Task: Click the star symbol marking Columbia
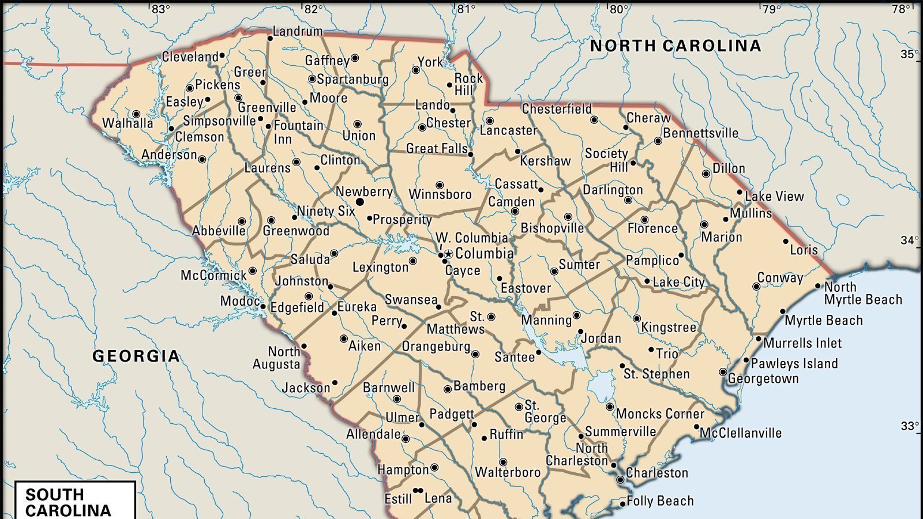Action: pyautogui.click(x=448, y=254)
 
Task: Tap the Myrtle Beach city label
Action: pyautogui.click(x=824, y=321)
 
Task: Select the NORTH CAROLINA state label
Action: pyautogui.click(x=675, y=46)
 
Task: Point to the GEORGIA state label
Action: pyautogui.click(x=136, y=356)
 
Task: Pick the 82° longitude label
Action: pyautogui.click(x=313, y=9)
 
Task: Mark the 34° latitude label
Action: pyautogui.click(x=909, y=240)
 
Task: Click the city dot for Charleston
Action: pyautogui.click(x=620, y=479)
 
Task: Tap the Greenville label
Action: pyautogui.click(x=267, y=107)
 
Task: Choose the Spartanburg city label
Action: pyautogui.click(x=352, y=80)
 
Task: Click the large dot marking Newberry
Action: pyautogui.click(x=360, y=202)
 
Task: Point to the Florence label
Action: pyautogui.click(x=652, y=228)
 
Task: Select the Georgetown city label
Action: pyautogui.click(x=763, y=379)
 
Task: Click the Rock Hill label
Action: pyautogui.click(x=468, y=84)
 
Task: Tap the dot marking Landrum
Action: pyautogui.click(x=269, y=39)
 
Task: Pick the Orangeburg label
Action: pyautogui.click(x=436, y=347)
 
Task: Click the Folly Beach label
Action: pyautogui.click(x=660, y=501)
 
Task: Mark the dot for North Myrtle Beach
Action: pyautogui.click(x=817, y=285)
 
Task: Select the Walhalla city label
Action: pyautogui.click(x=128, y=123)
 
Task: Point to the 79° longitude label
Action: pyautogui.click(x=771, y=9)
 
